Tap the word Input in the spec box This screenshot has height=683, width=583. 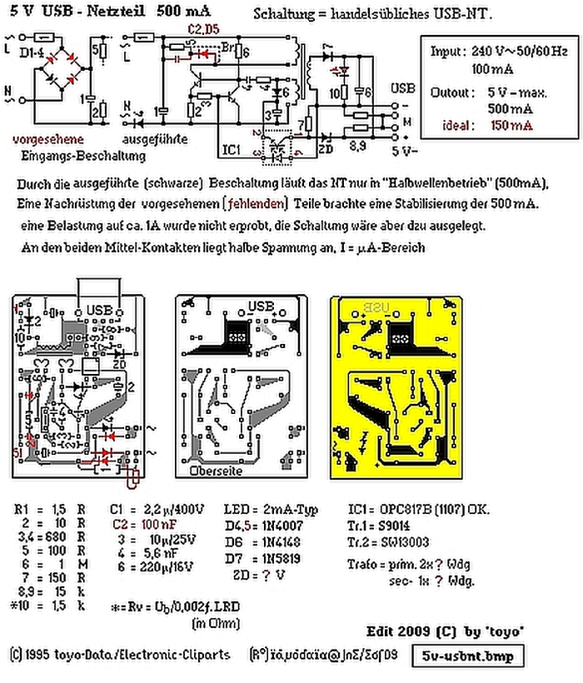click(447, 51)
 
